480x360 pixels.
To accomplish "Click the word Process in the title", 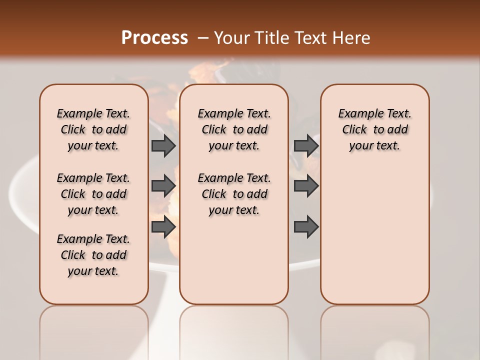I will click(154, 37).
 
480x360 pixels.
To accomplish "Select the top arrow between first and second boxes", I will click(163, 145).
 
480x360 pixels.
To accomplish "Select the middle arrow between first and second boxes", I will click(163, 186).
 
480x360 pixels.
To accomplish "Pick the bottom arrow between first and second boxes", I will click(163, 227).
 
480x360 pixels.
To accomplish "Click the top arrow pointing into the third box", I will click(306, 145).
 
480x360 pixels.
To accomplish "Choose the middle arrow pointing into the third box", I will click(306, 186).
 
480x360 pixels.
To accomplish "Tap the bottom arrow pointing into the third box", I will click(306, 227).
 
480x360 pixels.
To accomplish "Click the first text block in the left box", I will click(93, 129).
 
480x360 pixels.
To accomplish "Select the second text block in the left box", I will click(93, 194).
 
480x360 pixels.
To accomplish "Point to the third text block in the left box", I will click(93, 255).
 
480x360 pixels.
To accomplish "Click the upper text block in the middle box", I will click(234, 129).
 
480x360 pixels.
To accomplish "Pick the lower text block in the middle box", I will click(234, 194).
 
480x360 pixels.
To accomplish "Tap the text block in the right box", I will click(374, 129).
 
